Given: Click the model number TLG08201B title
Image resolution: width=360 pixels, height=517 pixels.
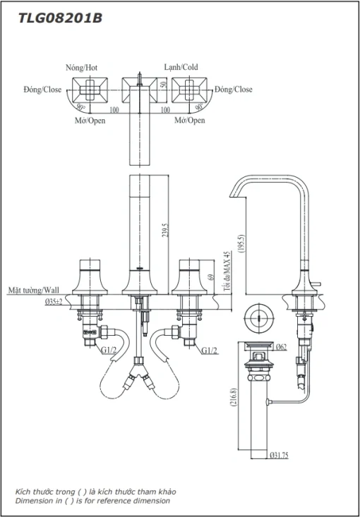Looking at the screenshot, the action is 60,18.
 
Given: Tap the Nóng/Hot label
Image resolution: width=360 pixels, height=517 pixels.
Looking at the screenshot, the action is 81,68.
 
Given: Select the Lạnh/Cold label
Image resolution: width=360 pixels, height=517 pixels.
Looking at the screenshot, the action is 181,67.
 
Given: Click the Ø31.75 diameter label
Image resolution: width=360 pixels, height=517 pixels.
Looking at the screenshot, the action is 279,455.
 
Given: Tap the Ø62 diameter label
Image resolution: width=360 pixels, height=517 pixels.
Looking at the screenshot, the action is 280,346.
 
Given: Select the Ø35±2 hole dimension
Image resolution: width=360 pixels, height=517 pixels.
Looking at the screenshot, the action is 54,301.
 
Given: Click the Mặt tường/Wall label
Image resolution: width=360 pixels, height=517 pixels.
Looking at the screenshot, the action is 34,290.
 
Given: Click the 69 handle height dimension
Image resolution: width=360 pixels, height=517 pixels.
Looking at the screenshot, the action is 211,277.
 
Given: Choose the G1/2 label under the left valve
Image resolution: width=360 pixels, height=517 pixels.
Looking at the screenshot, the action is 109,351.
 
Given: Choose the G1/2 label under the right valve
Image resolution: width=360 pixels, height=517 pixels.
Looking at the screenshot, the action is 210,351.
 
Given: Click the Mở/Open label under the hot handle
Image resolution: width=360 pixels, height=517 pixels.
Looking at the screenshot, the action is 90,121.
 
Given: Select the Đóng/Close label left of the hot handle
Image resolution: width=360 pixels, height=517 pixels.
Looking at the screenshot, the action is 42,90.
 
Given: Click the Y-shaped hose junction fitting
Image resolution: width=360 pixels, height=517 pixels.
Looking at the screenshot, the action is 140,371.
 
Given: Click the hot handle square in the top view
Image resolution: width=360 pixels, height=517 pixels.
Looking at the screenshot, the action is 90,90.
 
